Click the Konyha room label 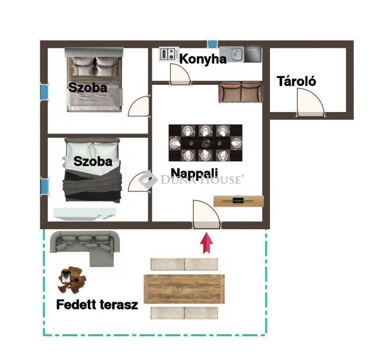click(203, 59)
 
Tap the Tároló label click(296, 81)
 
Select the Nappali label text click(194, 173)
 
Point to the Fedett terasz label click(97, 305)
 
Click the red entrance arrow click(207, 243)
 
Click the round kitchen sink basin click(236, 54)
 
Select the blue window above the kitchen click(212, 44)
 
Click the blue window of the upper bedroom click(44, 91)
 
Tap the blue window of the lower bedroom click(45, 187)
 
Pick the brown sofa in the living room click(241, 92)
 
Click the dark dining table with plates click(205, 143)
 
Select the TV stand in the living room click(239, 201)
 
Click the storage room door click(310, 103)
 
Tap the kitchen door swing click(180, 74)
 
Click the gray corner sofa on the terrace click(85, 246)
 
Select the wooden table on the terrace click(184, 289)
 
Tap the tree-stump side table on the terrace click(72, 280)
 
